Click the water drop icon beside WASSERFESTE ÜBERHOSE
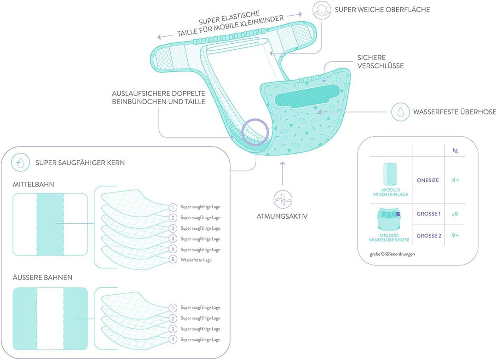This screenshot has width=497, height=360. tap(400, 112)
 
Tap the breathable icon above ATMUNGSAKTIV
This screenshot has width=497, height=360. tap(283, 199)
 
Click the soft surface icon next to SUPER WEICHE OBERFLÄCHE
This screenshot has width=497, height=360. tap(322, 10)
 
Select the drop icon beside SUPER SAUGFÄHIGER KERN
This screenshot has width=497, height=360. tap(20, 163)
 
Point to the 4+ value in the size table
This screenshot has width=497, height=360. tap(456, 180)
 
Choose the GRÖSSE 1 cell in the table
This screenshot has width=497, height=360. tap(428, 214)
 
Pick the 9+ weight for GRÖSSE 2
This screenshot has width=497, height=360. tap(455, 235)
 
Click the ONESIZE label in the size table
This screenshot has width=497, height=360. tap(428, 180)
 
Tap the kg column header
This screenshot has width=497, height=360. tap(455, 150)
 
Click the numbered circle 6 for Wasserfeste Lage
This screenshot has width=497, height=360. tap(173, 260)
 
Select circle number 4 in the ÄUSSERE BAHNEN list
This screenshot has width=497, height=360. tap(173, 339)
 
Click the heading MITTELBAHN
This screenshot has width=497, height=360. tap(33, 184)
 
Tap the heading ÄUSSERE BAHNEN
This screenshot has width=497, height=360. tap(42, 277)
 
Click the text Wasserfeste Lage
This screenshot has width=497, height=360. tap(196, 260)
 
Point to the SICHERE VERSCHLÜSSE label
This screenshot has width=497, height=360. tap(381, 62)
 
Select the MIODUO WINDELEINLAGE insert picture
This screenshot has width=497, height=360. tap(390, 174)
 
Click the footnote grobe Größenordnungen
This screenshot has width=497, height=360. tap(393, 254)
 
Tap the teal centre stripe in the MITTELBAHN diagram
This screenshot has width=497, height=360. tap(50, 224)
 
